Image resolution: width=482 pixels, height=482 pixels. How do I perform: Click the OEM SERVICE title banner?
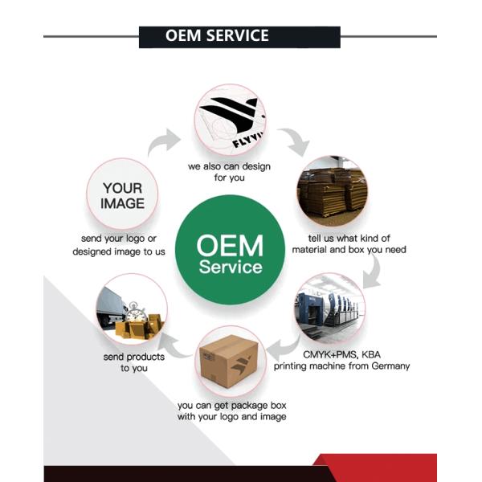tap(239, 36)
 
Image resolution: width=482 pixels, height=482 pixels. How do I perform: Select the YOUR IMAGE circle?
tap(121, 195)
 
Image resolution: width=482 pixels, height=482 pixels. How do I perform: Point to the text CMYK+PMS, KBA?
tap(341, 353)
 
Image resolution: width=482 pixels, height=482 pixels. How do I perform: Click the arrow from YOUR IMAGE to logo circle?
tap(165, 144)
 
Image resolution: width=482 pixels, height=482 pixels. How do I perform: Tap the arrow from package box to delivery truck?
tap(182, 346)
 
